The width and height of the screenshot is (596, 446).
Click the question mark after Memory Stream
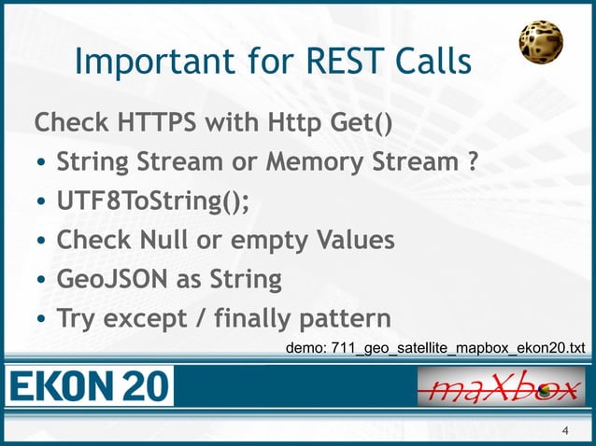474,162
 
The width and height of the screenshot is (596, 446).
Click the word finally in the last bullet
247,319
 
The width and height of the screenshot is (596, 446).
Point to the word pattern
346,319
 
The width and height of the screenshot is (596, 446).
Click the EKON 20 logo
90,384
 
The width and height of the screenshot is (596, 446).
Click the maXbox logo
500,384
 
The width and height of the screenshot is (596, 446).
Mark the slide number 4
564,430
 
